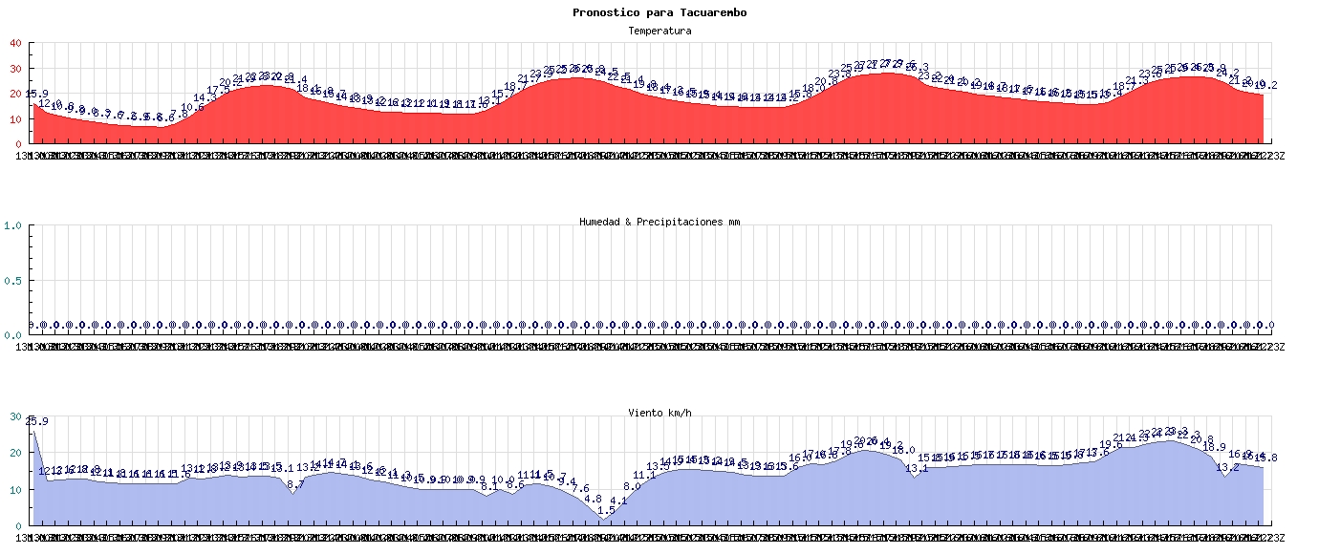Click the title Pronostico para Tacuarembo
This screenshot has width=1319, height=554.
click(659, 12)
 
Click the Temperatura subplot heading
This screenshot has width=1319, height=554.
click(659, 31)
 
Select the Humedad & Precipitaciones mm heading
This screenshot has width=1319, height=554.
click(659, 222)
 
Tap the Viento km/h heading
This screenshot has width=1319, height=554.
click(659, 413)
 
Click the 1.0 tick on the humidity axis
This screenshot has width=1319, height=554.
click(13, 225)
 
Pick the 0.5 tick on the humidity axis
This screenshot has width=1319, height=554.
click(13, 281)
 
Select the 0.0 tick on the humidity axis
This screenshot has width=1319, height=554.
click(13, 335)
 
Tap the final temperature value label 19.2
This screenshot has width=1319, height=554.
click(1266, 85)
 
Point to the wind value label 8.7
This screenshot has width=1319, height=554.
click(295, 484)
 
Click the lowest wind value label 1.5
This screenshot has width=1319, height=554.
click(606, 510)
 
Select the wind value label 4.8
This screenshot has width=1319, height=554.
click(593, 499)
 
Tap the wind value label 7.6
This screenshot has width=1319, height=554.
click(580, 489)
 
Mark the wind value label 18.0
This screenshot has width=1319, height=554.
click(903, 450)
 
